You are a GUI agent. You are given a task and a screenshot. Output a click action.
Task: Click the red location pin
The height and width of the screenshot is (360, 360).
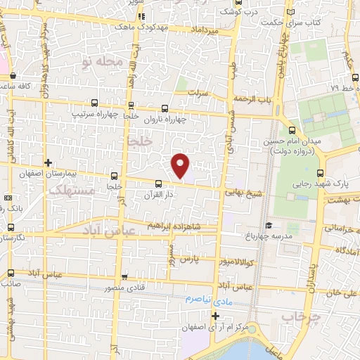(181, 165)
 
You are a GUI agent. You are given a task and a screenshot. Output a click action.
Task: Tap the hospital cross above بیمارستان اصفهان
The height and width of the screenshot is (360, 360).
(47, 162)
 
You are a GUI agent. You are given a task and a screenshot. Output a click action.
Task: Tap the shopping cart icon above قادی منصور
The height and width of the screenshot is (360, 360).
(124, 277)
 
